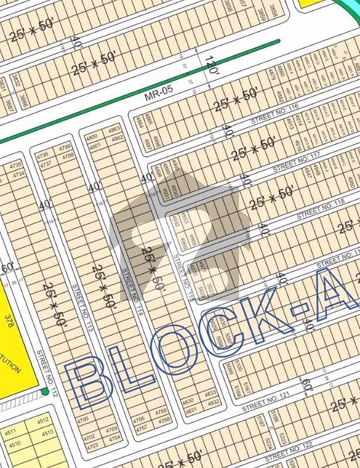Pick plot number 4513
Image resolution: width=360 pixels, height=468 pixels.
point(47,433)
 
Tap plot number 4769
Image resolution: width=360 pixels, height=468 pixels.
point(162,411)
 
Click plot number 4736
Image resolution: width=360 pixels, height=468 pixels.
point(42,156)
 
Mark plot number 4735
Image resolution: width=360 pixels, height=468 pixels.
point(16,166)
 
